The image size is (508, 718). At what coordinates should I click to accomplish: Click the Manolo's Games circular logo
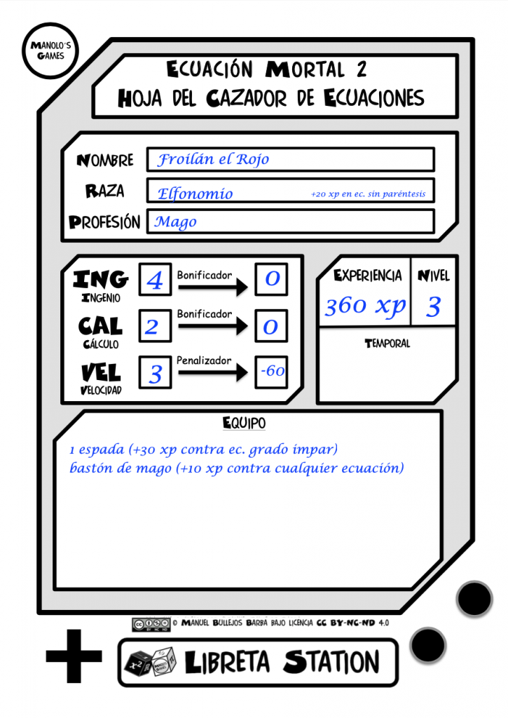[x=50, y=50]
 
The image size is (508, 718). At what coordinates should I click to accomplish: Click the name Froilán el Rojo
[x=213, y=159]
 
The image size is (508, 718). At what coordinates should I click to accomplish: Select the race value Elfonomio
[x=195, y=194]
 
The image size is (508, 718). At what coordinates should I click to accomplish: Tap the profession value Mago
[x=176, y=222]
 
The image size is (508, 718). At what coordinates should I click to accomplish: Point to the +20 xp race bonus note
[x=368, y=194]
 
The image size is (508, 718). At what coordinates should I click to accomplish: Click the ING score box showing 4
[x=155, y=279]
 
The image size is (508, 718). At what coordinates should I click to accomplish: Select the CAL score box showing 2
[x=155, y=326]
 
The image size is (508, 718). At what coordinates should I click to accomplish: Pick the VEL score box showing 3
[x=155, y=373]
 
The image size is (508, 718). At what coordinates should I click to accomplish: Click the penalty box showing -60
[x=271, y=372]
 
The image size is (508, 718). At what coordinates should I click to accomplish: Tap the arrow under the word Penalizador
[x=213, y=372]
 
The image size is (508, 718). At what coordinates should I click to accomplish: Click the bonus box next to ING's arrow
[x=271, y=279]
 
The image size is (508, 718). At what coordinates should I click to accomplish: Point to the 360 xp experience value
[x=365, y=306]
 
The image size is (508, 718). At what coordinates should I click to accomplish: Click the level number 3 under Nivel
[x=434, y=306]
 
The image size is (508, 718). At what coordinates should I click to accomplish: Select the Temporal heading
[x=387, y=344]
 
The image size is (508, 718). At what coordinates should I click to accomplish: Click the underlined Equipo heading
[x=244, y=423]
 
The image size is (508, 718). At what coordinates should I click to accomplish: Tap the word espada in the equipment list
[x=101, y=449]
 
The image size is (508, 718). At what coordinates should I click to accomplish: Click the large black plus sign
[x=74, y=656]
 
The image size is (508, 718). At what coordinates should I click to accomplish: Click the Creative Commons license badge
[x=151, y=624]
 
